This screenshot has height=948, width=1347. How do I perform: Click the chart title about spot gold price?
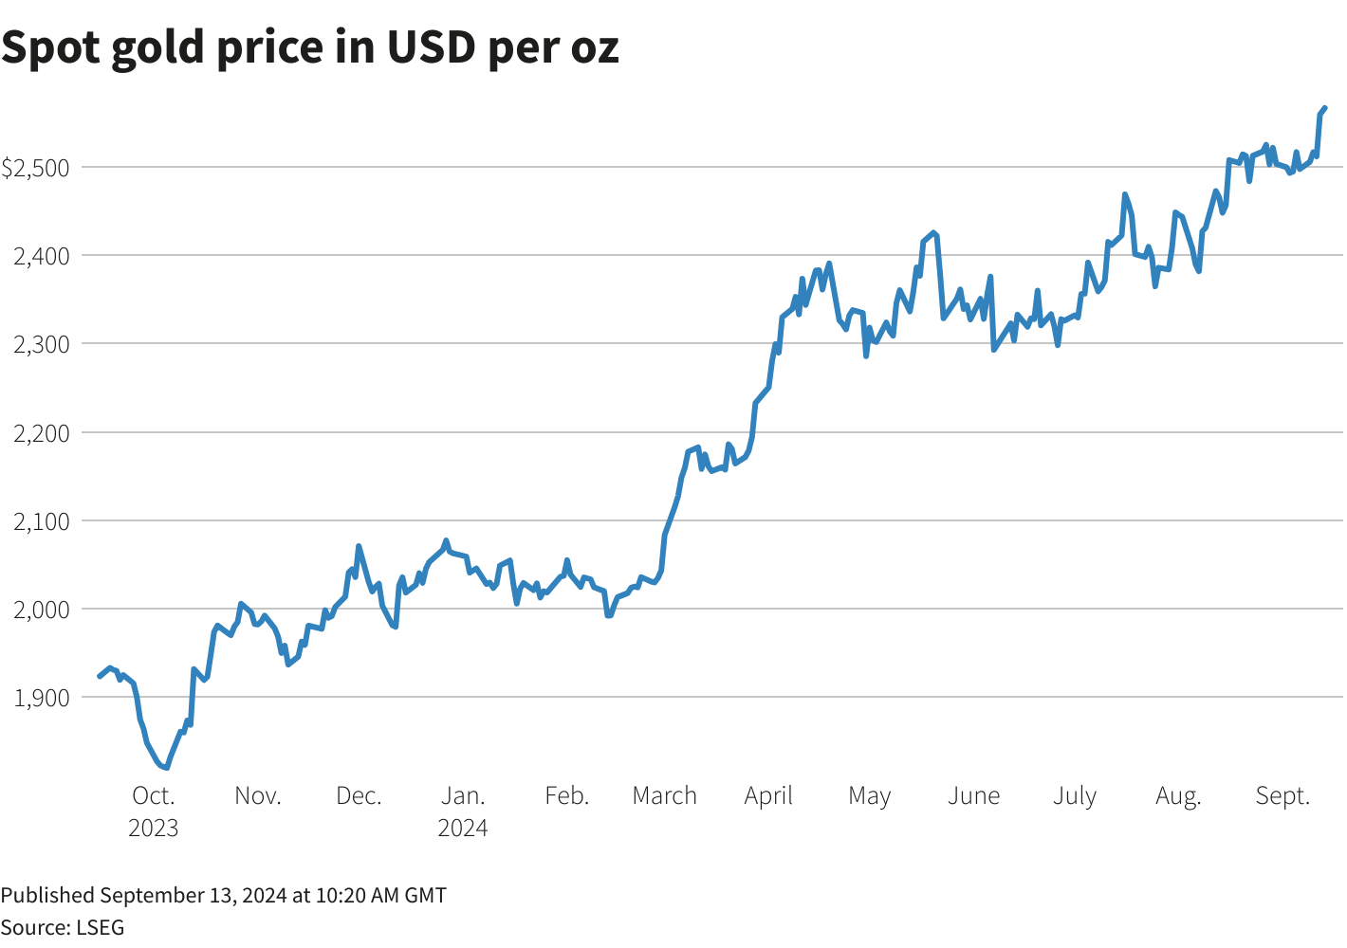coord(310,47)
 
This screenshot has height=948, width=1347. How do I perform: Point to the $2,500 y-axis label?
coord(36,168)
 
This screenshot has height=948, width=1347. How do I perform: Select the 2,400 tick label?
coord(42,256)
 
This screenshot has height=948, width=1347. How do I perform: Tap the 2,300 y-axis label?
coord(42,344)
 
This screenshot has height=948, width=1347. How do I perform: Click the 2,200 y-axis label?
coord(42,433)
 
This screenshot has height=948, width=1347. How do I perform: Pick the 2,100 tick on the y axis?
coord(42,521)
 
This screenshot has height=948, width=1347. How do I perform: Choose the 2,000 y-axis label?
coord(42,610)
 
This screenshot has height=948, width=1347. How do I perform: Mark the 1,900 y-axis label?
coord(42,698)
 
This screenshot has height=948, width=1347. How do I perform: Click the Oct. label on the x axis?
coord(154,795)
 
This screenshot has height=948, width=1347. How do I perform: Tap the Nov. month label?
coord(258,795)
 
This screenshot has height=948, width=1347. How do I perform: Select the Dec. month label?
coord(359,795)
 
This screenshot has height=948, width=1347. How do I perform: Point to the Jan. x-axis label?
coord(463,795)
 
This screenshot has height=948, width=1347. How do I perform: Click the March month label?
coord(664,795)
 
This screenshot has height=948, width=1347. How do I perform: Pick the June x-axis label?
coord(973,795)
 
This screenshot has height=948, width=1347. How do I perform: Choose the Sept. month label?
coord(1282,795)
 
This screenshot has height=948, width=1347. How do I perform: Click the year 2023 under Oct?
coord(154,828)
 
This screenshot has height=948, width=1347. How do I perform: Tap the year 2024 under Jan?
coord(463,828)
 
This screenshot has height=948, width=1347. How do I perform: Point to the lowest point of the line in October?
coord(166,767)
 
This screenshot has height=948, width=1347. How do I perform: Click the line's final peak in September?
coord(1324,108)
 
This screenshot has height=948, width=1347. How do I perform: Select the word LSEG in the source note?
coord(100,927)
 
